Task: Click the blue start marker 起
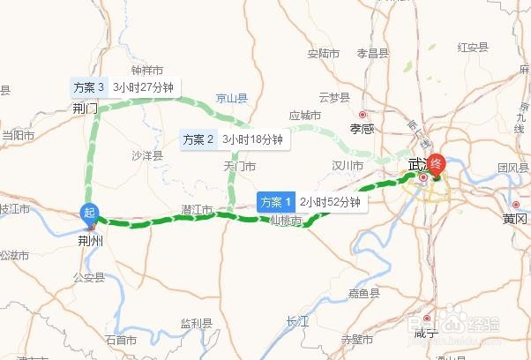click(x=89, y=212)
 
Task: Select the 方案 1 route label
click(x=274, y=202)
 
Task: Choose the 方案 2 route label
click(x=198, y=139)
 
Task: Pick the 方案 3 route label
click(x=89, y=87)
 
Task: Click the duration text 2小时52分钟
click(x=330, y=202)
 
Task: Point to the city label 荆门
click(x=86, y=109)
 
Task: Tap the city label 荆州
click(x=90, y=238)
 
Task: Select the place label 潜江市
click(x=196, y=209)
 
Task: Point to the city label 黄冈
click(x=515, y=218)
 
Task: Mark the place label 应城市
click(x=304, y=116)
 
